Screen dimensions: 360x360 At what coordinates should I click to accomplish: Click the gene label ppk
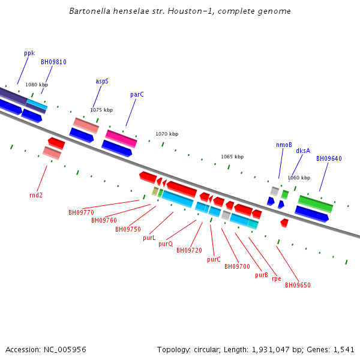pos(29,53)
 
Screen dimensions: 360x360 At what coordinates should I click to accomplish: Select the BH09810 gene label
pos(53,62)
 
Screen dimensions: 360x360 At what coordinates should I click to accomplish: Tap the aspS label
pos(102,81)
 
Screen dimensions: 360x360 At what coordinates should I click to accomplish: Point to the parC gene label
pos(137,95)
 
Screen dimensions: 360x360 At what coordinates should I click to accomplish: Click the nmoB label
pos(284,145)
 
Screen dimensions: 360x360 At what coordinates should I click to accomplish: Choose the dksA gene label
pos(303,151)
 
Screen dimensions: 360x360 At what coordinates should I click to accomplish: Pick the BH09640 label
pos(329,158)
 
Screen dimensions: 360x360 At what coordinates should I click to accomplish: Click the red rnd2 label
pos(36,195)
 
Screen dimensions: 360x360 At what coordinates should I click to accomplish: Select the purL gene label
pos(149,238)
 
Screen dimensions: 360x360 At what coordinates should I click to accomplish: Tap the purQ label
pos(166,244)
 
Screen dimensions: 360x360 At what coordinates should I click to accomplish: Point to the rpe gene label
pos(276,278)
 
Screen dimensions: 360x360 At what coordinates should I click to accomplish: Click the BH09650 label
pos(298,285)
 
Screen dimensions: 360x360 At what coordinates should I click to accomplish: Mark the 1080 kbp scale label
pos(35,85)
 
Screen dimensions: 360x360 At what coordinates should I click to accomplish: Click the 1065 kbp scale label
pos(232,157)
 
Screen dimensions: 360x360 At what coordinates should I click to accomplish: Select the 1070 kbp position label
pos(167,134)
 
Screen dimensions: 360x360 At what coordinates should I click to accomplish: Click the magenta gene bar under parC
pos(121,138)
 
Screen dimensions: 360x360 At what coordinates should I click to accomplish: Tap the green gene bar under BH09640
pos(316,204)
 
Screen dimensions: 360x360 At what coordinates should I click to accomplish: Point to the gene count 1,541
pos(344,349)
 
